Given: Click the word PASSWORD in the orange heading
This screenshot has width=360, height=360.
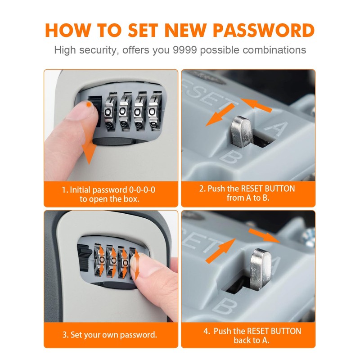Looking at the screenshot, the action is pos(264,31).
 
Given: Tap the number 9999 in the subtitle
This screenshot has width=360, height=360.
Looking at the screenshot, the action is pos(185,50).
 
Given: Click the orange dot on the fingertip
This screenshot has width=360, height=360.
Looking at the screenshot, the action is pos(88,105).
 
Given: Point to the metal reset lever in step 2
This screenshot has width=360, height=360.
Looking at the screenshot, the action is pos(242,132).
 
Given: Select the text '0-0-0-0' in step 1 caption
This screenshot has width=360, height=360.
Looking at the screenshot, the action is pos(142,190).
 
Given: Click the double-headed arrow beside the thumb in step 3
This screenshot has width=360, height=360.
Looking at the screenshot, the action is pos(136,265).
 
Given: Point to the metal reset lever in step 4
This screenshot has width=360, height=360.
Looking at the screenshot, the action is pos(261,269).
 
